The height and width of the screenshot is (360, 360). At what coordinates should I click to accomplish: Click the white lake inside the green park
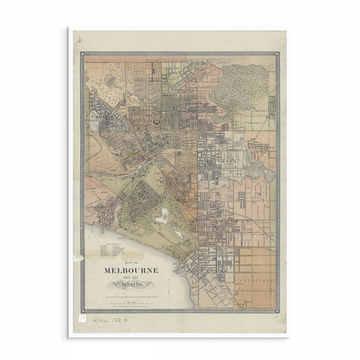pos(162,216)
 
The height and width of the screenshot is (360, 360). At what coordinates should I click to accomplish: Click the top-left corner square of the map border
pos(83,56)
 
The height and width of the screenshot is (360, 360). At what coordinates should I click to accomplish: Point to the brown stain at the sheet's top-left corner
pos(77,39)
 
